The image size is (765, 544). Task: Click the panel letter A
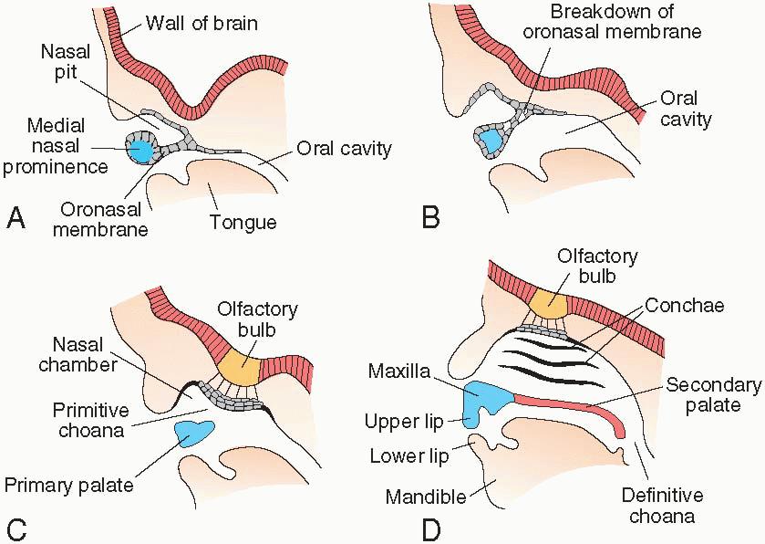(16, 218)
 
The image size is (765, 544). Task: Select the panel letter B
(430, 218)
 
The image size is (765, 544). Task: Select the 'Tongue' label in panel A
(243, 222)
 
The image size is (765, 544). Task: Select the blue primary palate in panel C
(193, 433)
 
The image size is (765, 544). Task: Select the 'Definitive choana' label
(663, 506)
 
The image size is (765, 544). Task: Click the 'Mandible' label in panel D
(426, 498)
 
